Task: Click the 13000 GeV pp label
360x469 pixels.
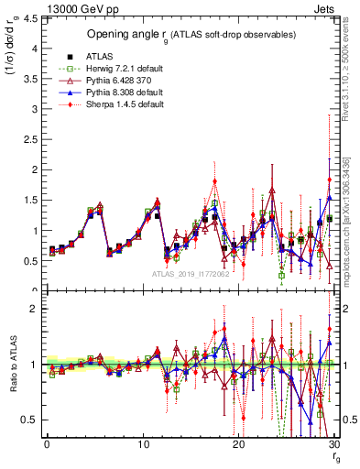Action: click(x=41, y=8)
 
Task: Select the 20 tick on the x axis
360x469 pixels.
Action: click(x=238, y=444)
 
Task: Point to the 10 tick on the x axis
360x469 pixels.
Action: click(x=142, y=444)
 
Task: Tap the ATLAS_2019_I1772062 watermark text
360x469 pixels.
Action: click(x=190, y=273)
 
